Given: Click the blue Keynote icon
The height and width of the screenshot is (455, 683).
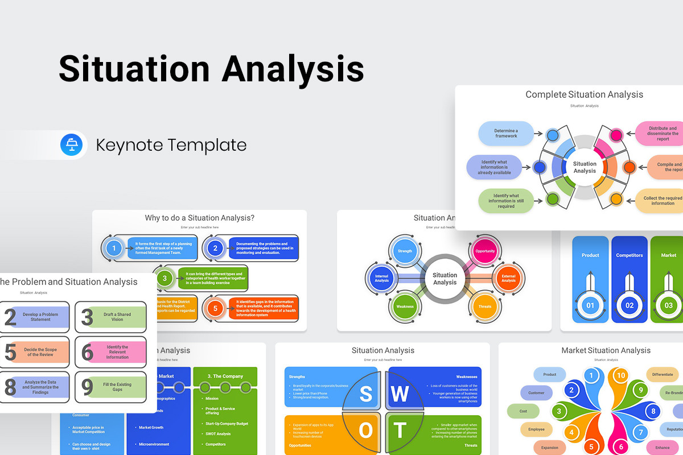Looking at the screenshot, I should point(72,144).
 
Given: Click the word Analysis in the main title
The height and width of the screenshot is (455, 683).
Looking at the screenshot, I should point(293,69).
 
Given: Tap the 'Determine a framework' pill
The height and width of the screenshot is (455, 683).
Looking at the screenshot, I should point(506,133).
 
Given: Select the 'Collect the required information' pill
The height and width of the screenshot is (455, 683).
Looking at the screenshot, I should point(660,201).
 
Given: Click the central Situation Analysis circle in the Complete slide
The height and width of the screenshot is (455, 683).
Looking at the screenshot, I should point(585,167).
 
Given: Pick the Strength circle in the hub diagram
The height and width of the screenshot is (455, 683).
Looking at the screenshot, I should point(405,251).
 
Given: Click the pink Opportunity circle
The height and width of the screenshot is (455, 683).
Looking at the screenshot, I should point(485,251).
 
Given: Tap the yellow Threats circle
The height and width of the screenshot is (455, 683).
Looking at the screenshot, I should point(485,307).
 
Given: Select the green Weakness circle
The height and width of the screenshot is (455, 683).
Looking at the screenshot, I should point(405,307).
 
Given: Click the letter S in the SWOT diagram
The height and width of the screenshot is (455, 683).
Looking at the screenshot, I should point(365,394).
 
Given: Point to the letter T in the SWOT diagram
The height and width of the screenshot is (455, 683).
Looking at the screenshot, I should point(400,430).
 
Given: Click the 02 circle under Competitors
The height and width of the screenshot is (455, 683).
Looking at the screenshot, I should point(629,305).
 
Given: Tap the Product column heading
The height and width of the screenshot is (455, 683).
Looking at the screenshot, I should point(590,255).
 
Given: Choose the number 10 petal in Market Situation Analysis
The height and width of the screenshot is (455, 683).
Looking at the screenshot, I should point(621,375).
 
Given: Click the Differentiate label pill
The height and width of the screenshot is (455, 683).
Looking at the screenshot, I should point(662,374).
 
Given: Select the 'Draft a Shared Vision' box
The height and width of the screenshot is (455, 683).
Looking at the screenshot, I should point(117,317).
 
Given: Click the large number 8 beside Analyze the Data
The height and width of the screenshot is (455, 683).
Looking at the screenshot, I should point(10,387).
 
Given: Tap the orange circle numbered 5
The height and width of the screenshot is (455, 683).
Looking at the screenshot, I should point(215,309).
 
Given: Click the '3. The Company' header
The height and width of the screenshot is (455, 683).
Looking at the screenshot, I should point(225,376).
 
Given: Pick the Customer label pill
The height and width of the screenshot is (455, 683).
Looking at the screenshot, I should point(536,393).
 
